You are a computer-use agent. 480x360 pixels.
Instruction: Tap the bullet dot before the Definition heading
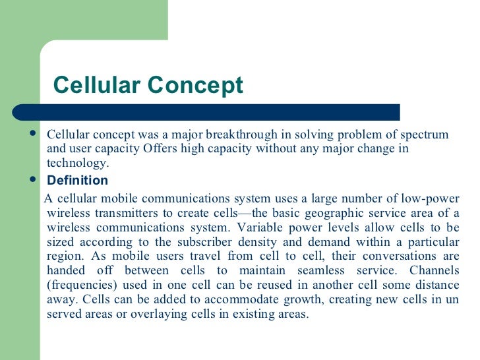click(x=34, y=179)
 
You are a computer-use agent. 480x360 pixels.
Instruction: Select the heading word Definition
click(x=77, y=181)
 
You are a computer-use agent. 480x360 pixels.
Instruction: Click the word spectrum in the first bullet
click(x=423, y=135)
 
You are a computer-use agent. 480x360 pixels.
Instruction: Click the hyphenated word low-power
click(x=431, y=198)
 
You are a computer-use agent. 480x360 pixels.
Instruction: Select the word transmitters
click(x=115, y=213)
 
